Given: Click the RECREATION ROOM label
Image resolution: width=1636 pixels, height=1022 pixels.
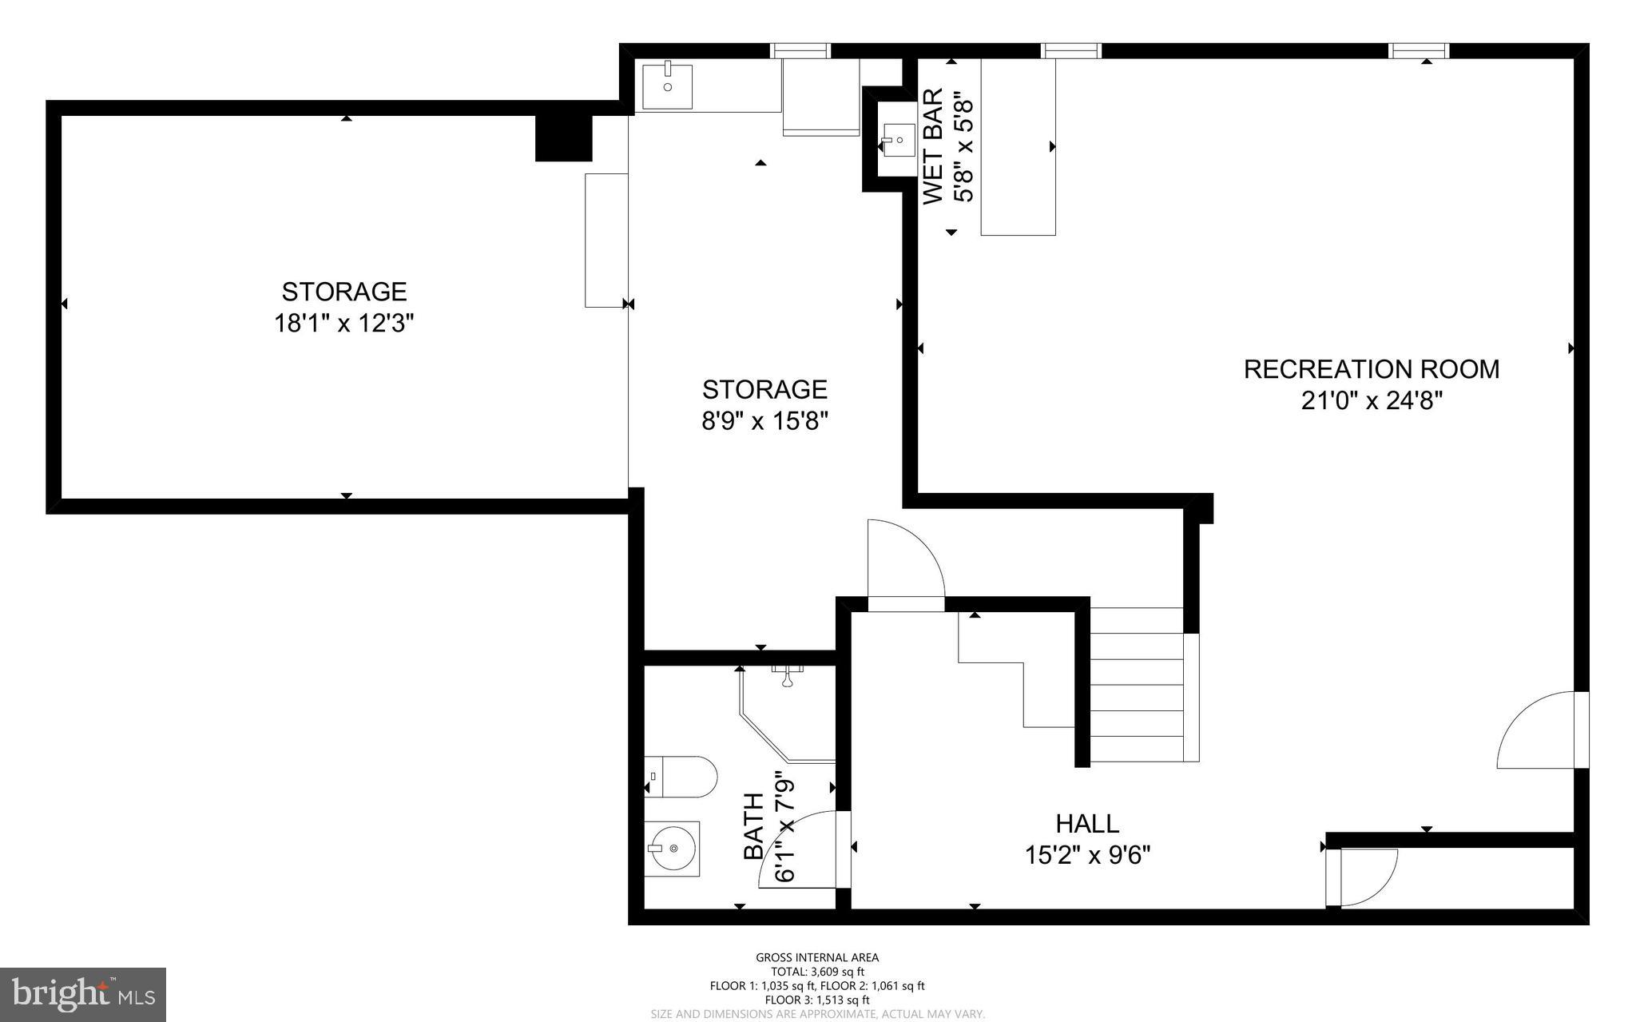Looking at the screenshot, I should tap(1371, 369).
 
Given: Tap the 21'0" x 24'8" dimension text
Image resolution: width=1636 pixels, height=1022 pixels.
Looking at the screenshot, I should tap(1371, 400).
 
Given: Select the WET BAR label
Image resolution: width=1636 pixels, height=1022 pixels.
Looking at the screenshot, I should tap(933, 147).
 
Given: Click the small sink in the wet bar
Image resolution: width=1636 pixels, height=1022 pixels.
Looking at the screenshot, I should tap(898, 141).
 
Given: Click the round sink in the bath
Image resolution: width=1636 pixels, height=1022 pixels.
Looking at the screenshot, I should tap(672, 849).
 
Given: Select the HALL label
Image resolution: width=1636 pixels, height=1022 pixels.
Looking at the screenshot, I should tap(1087, 823).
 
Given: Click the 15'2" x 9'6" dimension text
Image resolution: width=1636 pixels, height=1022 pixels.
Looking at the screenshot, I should tap(1087, 856).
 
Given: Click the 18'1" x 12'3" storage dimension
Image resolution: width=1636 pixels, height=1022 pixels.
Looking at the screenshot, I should tap(343, 324).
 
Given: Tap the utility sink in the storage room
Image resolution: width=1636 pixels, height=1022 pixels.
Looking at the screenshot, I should tap(667, 86).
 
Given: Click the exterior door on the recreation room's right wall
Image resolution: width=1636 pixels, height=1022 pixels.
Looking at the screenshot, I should tap(1542, 730).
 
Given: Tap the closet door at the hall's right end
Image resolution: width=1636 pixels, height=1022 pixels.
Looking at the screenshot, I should tap(1362, 877).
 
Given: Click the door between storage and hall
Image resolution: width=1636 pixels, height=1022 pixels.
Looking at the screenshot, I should tap(905, 563).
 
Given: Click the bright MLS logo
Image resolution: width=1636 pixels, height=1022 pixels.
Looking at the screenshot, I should tap(83, 994).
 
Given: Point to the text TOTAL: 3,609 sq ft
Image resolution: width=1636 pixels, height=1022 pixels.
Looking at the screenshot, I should tap(816, 972).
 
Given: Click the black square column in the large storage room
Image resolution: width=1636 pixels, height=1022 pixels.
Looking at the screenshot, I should tap(563, 138).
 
